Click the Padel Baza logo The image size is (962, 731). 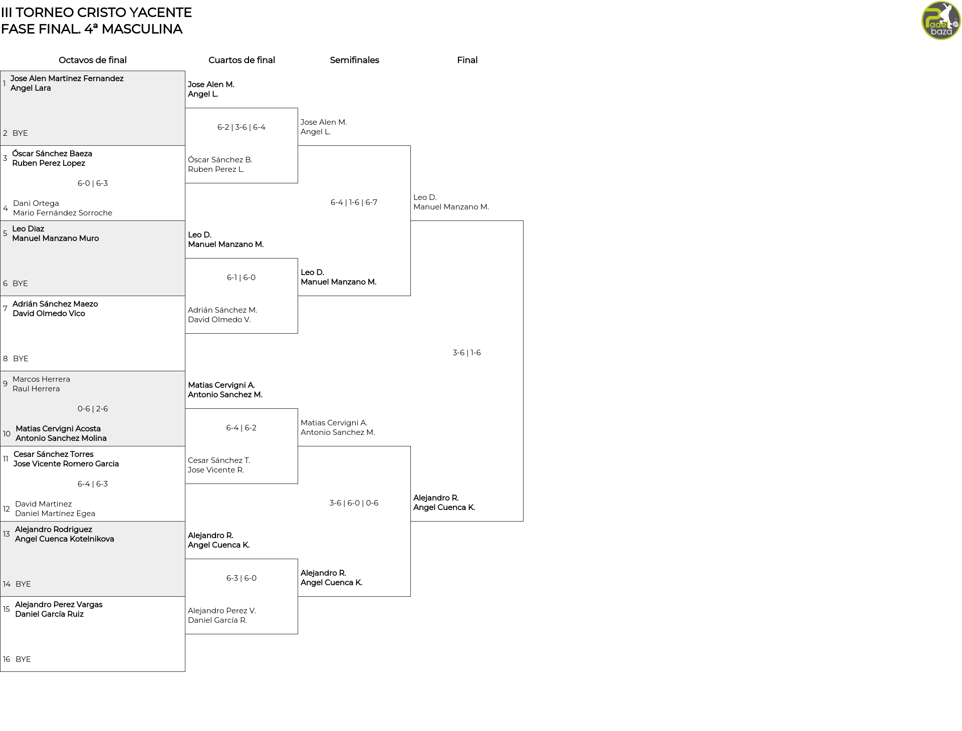point(941,21)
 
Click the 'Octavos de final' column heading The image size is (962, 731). point(93,60)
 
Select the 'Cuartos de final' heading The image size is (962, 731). point(242,60)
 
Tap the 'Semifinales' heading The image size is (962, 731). point(354,60)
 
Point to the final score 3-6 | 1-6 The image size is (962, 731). point(466,353)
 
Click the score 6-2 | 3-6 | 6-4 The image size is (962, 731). point(242,127)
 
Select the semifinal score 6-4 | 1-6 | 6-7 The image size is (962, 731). point(354,202)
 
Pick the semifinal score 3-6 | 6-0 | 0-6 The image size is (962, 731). point(354,503)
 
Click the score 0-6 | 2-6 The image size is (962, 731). point(93,409)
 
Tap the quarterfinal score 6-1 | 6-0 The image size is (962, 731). point(241,278)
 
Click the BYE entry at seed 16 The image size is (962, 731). point(23,659)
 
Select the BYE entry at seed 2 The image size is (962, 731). point(20,133)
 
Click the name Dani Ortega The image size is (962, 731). point(36,203)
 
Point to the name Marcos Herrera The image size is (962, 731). point(41,379)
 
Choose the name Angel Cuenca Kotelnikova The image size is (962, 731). point(65,539)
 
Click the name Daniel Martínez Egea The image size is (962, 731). point(55,514)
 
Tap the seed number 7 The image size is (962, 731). point(5,309)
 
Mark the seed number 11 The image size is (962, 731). point(6,459)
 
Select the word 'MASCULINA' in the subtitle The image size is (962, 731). point(142,29)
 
